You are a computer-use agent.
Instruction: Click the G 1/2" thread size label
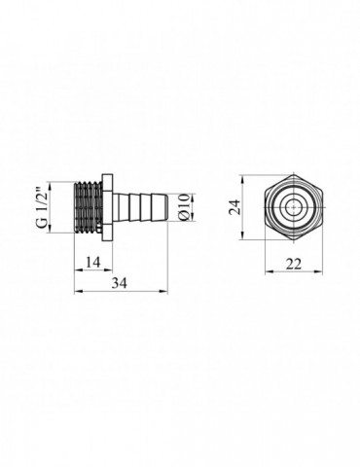point(43,207)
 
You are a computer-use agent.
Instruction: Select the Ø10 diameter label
point(184,207)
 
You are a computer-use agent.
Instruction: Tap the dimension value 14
point(93,262)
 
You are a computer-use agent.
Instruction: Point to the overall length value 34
point(120,283)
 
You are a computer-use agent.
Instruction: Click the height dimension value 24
point(234,207)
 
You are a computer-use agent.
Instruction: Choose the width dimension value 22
point(294,264)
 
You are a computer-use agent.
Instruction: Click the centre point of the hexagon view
point(293,207)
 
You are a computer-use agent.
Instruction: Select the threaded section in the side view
point(88,207)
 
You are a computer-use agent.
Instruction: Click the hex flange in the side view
point(107,207)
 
